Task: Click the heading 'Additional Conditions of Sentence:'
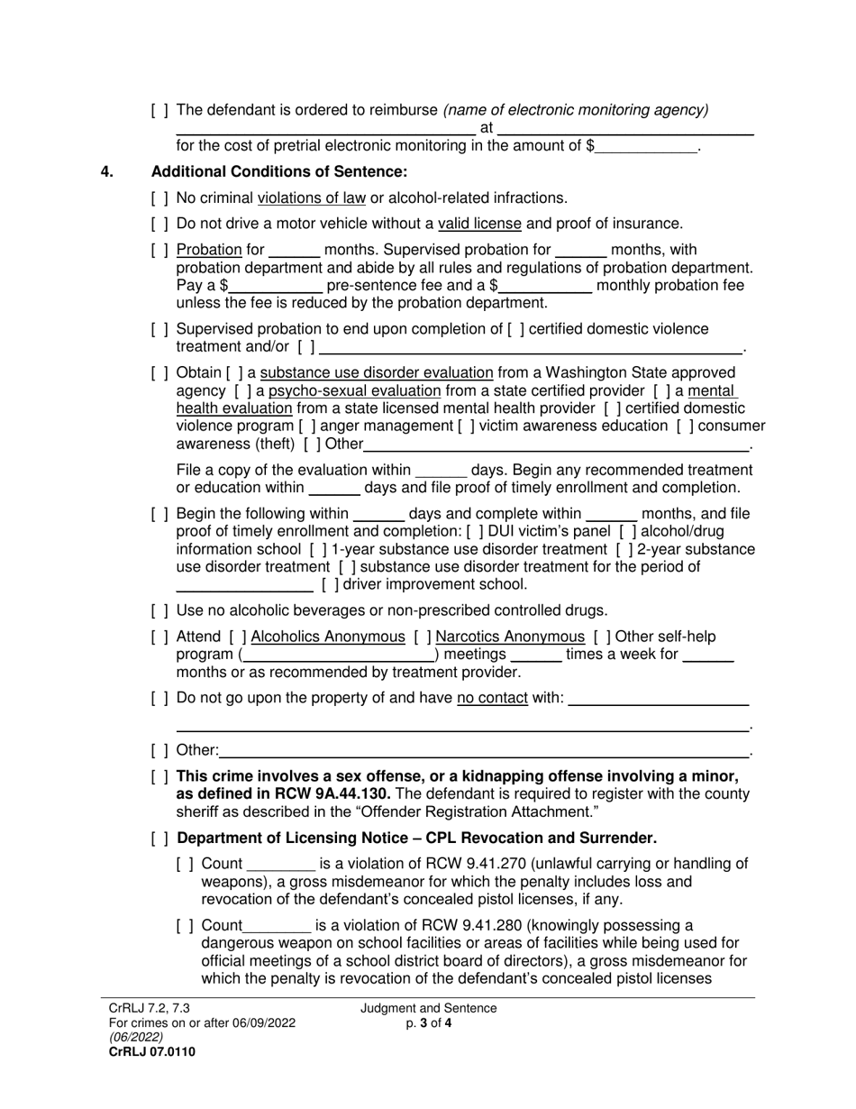279,171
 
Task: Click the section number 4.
107,171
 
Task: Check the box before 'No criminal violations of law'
159,197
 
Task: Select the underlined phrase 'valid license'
479,224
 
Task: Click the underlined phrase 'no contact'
492,697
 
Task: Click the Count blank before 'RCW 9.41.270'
279,864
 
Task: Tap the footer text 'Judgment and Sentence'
429,1009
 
